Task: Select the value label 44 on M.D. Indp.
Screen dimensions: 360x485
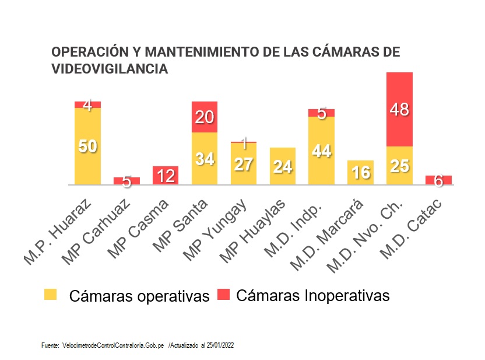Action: pyautogui.click(x=321, y=151)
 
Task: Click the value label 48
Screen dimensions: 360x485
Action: pyautogui.click(x=399, y=109)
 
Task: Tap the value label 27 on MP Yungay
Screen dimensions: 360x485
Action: pyautogui.click(x=243, y=165)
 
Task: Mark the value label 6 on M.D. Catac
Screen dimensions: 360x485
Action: pyautogui.click(x=438, y=181)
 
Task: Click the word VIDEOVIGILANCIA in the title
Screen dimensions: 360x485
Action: pyautogui.click(x=110, y=69)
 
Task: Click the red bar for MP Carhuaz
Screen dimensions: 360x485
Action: pyautogui.click(x=126, y=180)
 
